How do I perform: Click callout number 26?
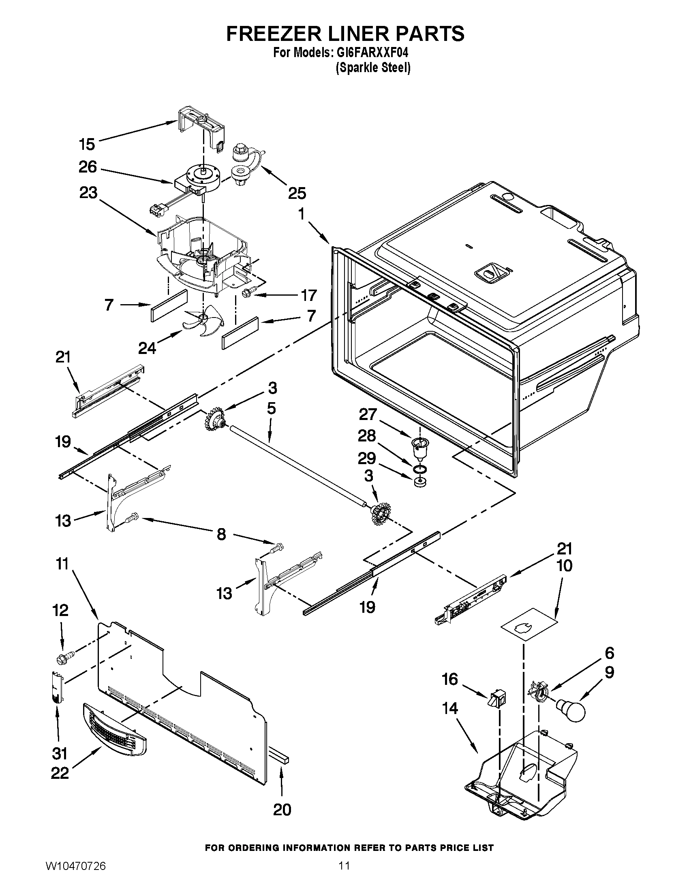[88, 167]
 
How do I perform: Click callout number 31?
[60, 753]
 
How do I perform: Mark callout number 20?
[282, 810]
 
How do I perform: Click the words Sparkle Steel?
[372, 68]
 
